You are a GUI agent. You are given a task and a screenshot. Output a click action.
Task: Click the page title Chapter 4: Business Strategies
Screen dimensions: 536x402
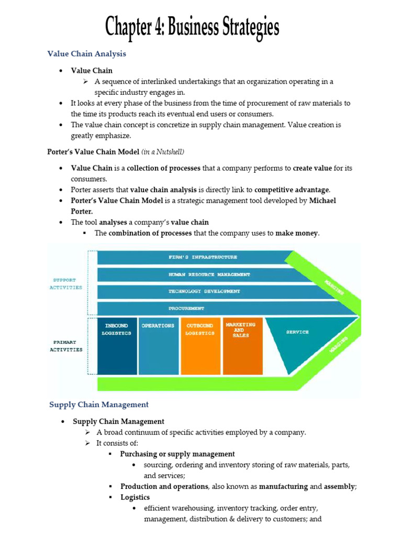coord(192,27)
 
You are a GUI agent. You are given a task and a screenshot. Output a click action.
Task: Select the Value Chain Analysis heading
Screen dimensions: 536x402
coord(86,53)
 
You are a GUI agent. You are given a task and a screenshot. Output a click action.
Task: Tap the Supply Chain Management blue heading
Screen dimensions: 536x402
coord(99,404)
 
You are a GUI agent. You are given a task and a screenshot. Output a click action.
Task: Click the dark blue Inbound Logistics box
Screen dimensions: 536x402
coord(117,345)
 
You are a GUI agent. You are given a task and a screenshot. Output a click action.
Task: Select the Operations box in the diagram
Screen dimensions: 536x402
coord(158,345)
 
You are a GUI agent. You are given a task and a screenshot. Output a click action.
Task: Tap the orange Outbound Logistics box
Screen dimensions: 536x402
coord(199,345)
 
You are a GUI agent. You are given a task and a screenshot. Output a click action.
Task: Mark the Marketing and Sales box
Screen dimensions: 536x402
coord(241,345)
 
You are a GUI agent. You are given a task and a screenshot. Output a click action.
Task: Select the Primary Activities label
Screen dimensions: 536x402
coord(66,346)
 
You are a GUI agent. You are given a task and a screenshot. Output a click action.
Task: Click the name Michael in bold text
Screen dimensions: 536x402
coord(322,200)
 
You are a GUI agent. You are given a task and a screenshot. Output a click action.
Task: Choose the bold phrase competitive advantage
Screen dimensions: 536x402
coord(292,189)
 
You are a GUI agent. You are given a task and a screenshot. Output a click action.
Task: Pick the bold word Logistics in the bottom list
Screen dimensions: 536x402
coord(135,497)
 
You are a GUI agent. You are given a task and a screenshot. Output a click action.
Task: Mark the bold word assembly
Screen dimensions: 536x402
coord(339,486)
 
